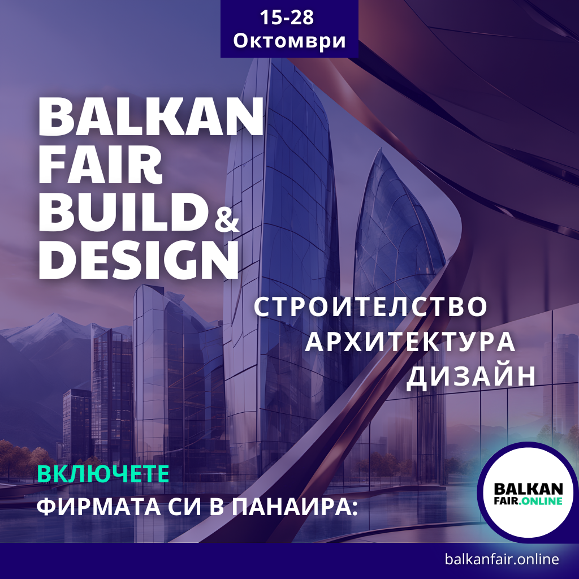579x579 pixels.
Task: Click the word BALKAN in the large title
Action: tap(150, 118)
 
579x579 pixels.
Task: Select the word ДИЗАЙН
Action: tap(470, 377)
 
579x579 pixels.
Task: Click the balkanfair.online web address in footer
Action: tap(502, 560)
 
